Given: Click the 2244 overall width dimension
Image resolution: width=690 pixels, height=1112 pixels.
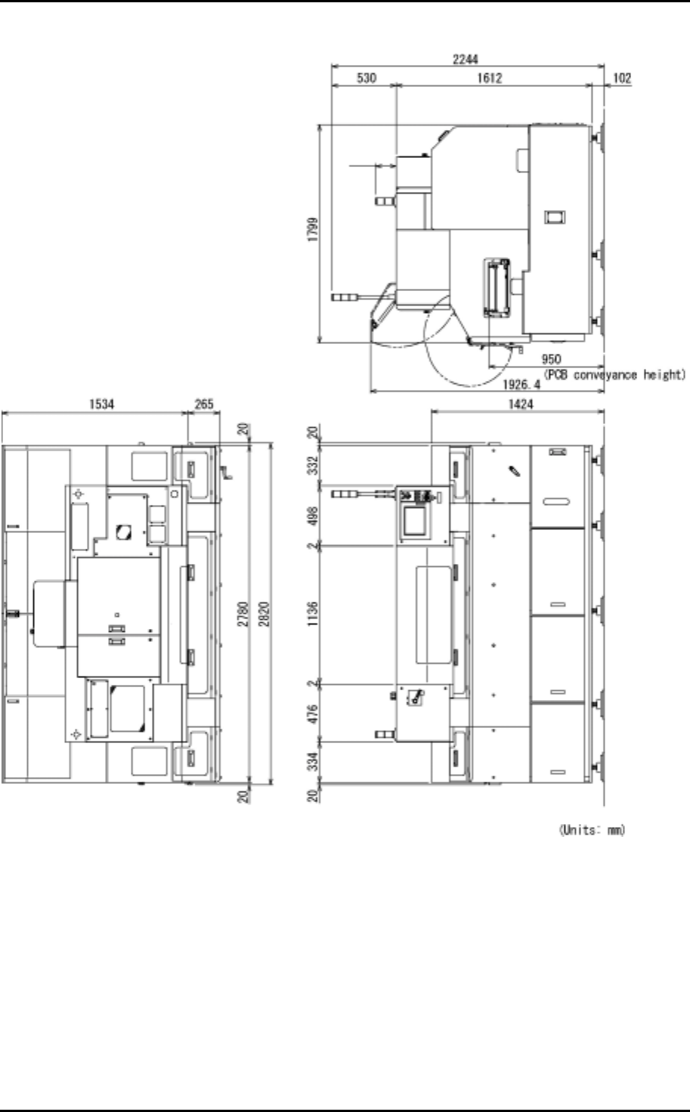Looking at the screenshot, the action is click(x=465, y=59).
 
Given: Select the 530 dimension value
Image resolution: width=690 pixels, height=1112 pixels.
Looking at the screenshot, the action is click(x=367, y=78).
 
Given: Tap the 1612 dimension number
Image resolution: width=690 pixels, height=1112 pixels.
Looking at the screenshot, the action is click(x=490, y=78).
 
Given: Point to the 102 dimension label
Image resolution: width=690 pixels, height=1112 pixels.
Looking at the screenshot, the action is click(x=622, y=78).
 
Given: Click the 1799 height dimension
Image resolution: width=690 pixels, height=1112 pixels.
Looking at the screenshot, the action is click(x=313, y=229).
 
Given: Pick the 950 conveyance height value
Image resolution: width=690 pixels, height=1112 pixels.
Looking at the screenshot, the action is click(x=551, y=359).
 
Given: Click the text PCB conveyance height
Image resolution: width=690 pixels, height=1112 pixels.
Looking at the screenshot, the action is click(x=614, y=374).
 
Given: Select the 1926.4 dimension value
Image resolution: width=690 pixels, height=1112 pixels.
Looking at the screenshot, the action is click(x=521, y=384).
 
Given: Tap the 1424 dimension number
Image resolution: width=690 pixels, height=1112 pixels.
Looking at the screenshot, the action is click(x=520, y=404).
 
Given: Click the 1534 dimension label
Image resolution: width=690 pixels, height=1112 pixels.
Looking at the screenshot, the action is click(x=101, y=404).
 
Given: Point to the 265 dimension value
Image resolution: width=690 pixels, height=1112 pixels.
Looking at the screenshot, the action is click(x=204, y=404).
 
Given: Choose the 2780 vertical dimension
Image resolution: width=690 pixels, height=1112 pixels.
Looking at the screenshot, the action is click(x=243, y=614).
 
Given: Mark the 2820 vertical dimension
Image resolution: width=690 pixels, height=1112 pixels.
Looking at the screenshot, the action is click(x=264, y=614).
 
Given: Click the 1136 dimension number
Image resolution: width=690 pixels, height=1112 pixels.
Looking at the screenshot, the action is click(x=313, y=614).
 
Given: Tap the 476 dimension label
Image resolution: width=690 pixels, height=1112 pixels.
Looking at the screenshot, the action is click(x=313, y=714).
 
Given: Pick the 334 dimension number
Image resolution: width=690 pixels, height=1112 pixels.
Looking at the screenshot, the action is click(x=313, y=761).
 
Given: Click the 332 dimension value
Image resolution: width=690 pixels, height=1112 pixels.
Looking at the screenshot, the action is click(x=313, y=466).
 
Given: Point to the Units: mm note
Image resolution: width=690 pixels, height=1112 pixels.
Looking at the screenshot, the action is click(x=592, y=829).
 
